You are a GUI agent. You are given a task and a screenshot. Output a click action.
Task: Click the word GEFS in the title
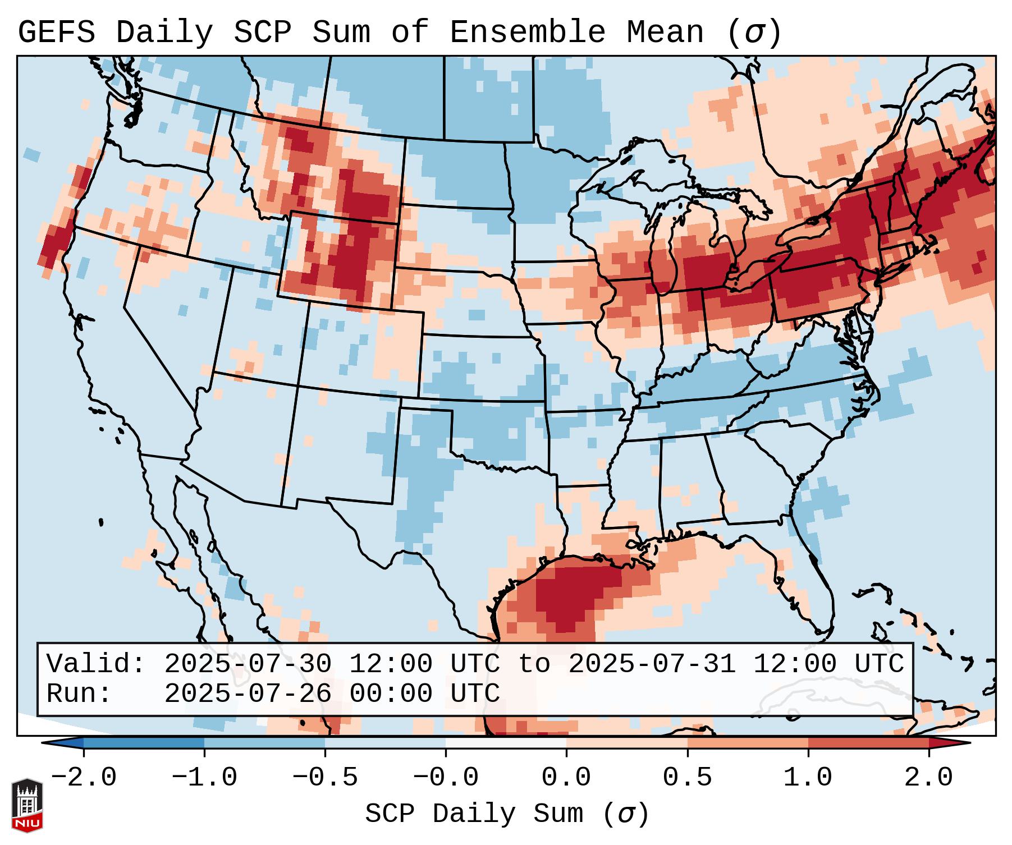tap(56, 33)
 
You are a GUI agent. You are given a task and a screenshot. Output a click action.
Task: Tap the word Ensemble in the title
tap(528, 33)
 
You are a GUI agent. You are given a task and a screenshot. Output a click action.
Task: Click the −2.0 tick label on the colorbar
tap(84, 778)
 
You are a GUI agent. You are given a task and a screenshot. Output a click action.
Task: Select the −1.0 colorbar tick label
tap(204, 778)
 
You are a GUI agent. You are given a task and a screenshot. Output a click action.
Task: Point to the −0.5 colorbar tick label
tap(325, 778)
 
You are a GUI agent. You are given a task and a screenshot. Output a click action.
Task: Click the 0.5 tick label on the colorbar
tap(688, 778)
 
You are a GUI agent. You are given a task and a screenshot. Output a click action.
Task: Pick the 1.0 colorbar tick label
tap(808, 778)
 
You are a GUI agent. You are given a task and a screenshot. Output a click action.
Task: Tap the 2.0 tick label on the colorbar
tap(929, 778)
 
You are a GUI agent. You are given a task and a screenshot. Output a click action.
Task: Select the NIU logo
tap(27, 806)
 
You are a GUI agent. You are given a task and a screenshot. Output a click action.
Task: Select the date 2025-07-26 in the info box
tap(248, 694)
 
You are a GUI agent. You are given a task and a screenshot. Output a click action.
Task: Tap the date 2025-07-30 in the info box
tap(248, 664)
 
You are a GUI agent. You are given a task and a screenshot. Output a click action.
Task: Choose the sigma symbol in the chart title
tap(754, 33)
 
